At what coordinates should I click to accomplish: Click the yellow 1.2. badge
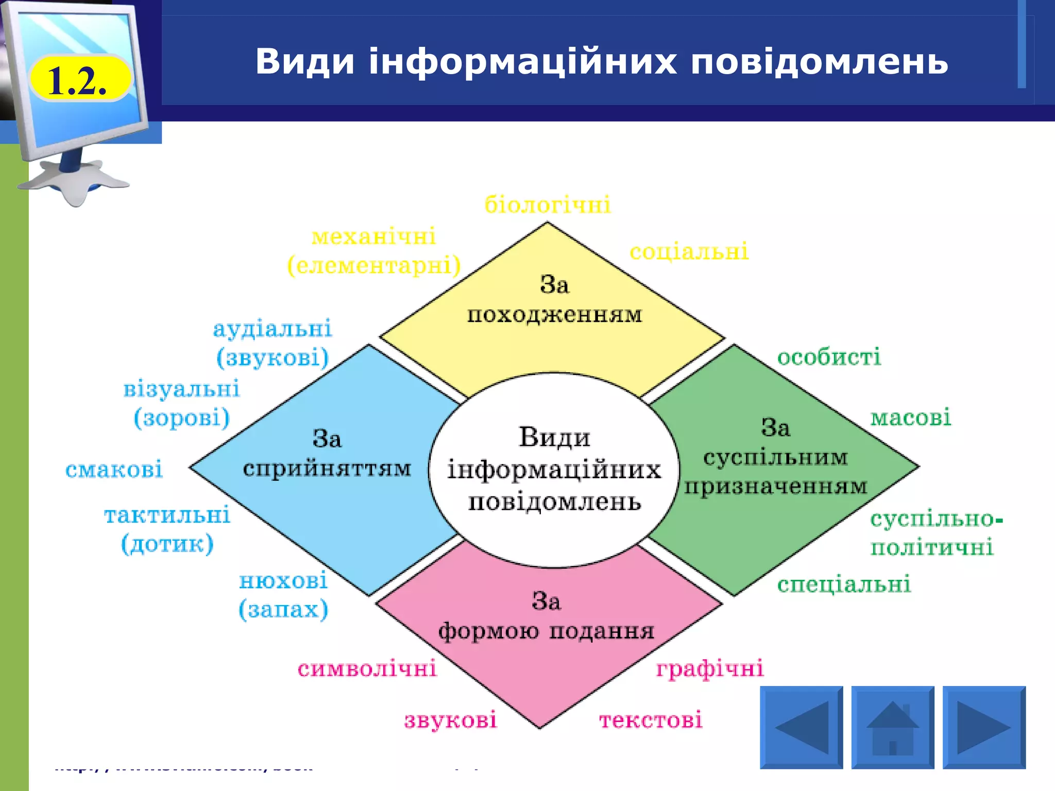pyautogui.click(x=80, y=79)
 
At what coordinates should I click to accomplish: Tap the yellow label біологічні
pyautogui.click(x=548, y=205)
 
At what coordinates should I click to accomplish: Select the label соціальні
pyautogui.click(x=689, y=252)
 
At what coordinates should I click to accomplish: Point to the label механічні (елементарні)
pyautogui.click(x=374, y=251)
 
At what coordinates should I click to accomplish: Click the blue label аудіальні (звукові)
pyautogui.click(x=273, y=343)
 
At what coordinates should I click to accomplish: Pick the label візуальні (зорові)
pyautogui.click(x=181, y=403)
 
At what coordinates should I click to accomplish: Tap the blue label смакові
pyautogui.click(x=114, y=469)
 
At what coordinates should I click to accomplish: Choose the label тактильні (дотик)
pyautogui.click(x=167, y=529)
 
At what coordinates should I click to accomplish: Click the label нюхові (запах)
pyautogui.click(x=283, y=595)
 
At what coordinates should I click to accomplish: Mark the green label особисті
pyautogui.click(x=829, y=357)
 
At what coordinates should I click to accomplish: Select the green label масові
pyautogui.click(x=910, y=418)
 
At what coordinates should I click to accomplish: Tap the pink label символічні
pyautogui.click(x=367, y=669)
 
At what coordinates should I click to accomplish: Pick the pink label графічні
pyautogui.click(x=710, y=669)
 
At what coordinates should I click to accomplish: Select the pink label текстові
pyautogui.click(x=651, y=720)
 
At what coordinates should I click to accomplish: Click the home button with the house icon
pyautogui.click(x=892, y=727)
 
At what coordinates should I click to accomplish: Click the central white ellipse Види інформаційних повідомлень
pyautogui.click(x=554, y=470)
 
